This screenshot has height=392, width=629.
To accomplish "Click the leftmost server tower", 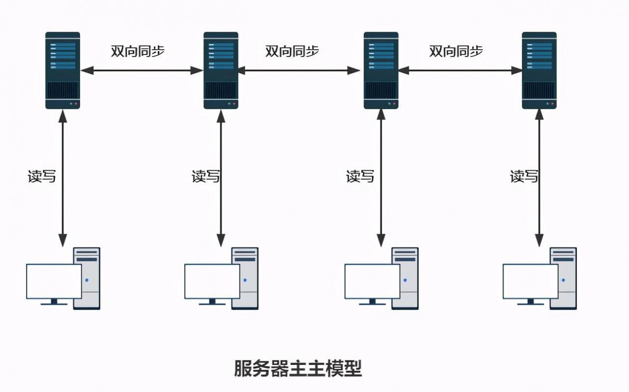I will [x=62, y=70].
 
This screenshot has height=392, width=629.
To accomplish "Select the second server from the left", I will [x=221, y=70].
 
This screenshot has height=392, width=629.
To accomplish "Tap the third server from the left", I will [x=381, y=70].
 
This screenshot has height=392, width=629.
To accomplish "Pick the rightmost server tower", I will [x=539, y=70].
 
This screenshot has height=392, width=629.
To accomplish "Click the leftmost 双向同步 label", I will [x=137, y=52].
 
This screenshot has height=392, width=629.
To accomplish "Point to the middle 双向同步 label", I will [x=292, y=51].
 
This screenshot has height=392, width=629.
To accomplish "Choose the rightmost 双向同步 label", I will [x=456, y=51].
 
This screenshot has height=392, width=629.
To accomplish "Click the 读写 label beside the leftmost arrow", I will [x=42, y=176].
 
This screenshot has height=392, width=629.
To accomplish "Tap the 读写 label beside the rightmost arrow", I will [x=524, y=176].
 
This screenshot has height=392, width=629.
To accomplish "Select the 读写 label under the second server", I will [x=205, y=176].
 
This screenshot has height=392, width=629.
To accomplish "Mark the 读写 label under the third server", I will [x=360, y=176].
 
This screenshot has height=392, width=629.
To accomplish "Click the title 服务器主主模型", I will [x=298, y=368].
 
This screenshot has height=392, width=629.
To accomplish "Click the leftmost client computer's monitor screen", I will [x=54, y=281].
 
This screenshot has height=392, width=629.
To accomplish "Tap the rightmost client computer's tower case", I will [x=564, y=278].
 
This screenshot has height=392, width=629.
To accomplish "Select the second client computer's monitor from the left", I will [x=212, y=281].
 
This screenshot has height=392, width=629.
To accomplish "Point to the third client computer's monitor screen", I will [x=372, y=281].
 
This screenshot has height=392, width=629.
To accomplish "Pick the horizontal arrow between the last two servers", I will [x=460, y=70].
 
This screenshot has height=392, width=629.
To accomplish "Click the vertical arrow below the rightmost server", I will [x=539, y=177].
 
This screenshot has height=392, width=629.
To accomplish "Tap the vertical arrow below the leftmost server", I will [x=62, y=177].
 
